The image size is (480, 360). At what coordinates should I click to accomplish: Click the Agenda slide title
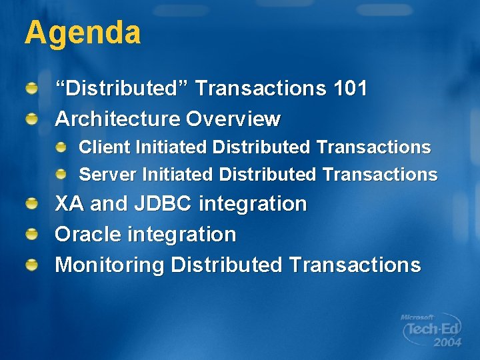point(83,33)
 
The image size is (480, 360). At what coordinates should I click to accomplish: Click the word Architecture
point(117,119)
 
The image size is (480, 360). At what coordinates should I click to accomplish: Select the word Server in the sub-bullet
point(107,175)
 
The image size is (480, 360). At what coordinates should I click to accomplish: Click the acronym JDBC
point(156,203)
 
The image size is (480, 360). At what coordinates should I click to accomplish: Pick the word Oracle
point(85,234)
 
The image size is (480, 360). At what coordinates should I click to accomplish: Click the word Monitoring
point(109,265)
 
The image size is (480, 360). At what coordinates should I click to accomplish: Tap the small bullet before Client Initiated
point(61,146)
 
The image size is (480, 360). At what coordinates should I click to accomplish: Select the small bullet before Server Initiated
point(61,174)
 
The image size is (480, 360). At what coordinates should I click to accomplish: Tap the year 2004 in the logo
point(446,343)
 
